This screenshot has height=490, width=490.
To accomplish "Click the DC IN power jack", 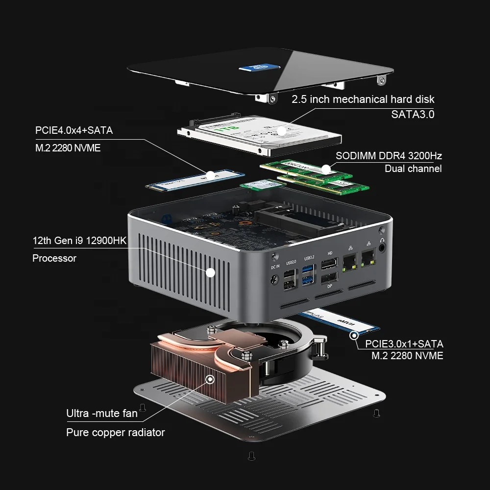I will (x=274, y=280).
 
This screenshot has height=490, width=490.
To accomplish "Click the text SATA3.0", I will (x=413, y=115).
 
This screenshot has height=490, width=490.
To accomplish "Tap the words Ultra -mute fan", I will (x=102, y=414).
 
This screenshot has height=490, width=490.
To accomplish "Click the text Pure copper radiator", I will (x=115, y=432).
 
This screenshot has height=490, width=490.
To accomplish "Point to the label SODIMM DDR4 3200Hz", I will (x=389, y=156).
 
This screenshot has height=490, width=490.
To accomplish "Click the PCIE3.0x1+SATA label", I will (x=404, y=343).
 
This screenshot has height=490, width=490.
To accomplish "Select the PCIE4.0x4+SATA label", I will (x=74, y=130).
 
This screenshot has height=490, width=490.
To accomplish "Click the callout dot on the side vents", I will (x=211, y=272).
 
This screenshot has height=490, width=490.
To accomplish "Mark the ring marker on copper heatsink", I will (x=211, y=379).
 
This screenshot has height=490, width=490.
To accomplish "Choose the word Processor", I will (x=54, y=258).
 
